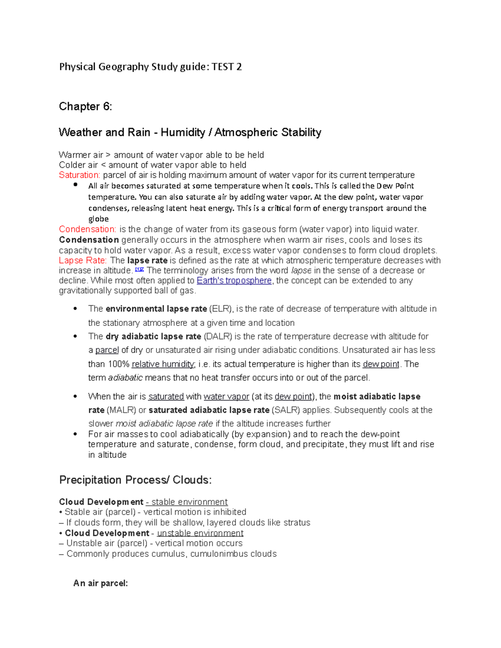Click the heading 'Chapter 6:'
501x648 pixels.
pos(85,107)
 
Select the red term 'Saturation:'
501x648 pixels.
pos(79,175)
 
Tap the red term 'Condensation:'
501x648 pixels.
pos(87,229)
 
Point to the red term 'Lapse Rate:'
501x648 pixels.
pos(83,260)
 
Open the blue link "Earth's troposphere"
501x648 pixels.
pos(234,280)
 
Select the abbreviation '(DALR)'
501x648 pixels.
pos(218,336)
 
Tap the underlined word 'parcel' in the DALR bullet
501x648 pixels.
pos(107,350)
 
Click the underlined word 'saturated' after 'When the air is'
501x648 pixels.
pos(166,396)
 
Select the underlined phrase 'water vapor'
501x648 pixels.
pos(226,396)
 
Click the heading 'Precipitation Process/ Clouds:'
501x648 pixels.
pos(135,480)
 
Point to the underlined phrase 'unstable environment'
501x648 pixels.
pos(200,533)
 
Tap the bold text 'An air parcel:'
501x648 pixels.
pos(101,583)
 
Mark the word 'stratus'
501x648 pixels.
pos(297,522)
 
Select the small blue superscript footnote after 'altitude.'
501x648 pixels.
pos(139,269)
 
